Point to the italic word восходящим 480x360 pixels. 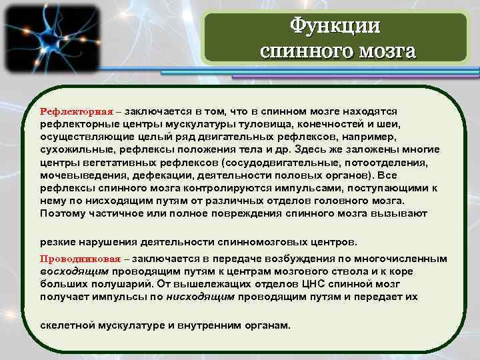(74, 271)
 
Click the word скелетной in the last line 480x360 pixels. (67, 326)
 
